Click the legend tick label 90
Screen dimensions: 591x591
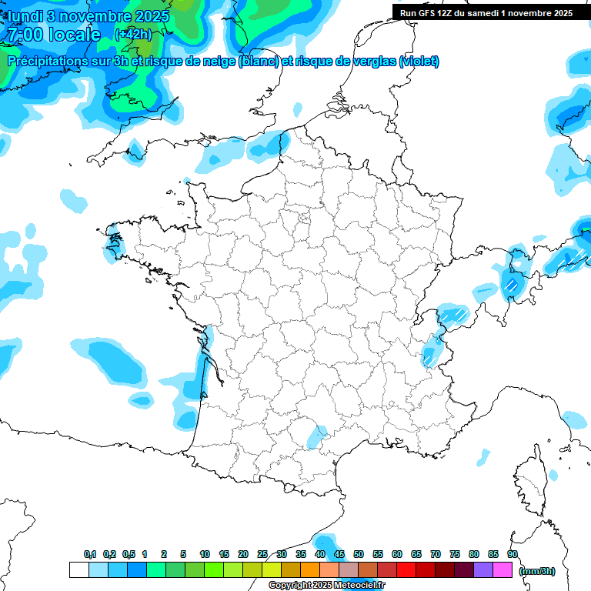513,554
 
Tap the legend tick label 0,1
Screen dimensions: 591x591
89,554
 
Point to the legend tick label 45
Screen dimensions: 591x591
339,554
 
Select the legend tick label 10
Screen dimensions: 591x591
205,554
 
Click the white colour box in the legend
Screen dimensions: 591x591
78,569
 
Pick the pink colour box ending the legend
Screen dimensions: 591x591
503,569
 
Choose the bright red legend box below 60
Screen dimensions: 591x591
406,569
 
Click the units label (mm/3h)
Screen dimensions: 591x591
537,570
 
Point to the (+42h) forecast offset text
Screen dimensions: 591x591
132,35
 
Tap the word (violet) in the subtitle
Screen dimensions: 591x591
419,62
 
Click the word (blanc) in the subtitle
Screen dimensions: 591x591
259,62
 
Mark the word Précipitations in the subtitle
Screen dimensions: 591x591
48,62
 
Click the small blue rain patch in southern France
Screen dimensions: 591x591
316,437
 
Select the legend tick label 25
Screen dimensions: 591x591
262,554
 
